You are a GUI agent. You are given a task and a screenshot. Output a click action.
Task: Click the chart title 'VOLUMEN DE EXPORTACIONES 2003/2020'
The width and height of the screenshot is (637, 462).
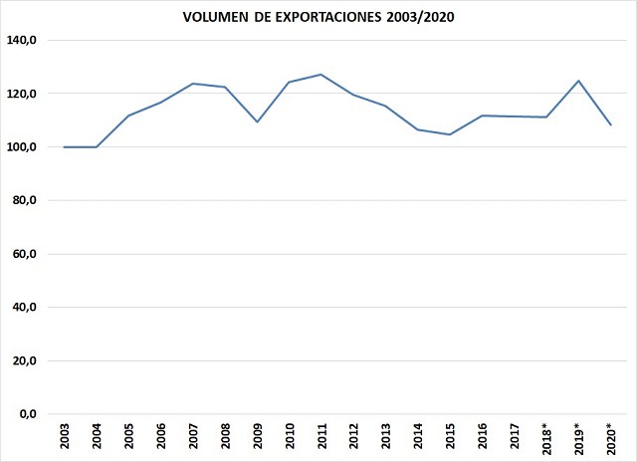[318, 17]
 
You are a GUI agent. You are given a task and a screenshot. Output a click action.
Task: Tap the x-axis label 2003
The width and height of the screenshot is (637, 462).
[65, 436]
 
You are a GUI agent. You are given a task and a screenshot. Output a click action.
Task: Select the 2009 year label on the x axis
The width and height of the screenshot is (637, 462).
[257, 436]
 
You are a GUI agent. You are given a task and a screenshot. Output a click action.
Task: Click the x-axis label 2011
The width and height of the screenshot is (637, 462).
[321, 436]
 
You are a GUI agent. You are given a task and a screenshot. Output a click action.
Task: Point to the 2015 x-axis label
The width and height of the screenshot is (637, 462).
[450, 436]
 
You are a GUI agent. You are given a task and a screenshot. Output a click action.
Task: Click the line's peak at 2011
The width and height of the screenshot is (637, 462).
[321, 75]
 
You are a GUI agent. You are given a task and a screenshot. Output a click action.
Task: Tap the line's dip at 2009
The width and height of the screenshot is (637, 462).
[257, 121]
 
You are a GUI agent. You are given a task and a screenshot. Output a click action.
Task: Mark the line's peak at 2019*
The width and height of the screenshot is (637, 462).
[578, 81]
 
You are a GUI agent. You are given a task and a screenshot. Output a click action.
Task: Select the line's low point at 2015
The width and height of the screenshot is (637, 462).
[450, 134]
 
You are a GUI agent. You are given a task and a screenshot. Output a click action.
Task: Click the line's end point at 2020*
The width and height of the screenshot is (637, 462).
[610, 125]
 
